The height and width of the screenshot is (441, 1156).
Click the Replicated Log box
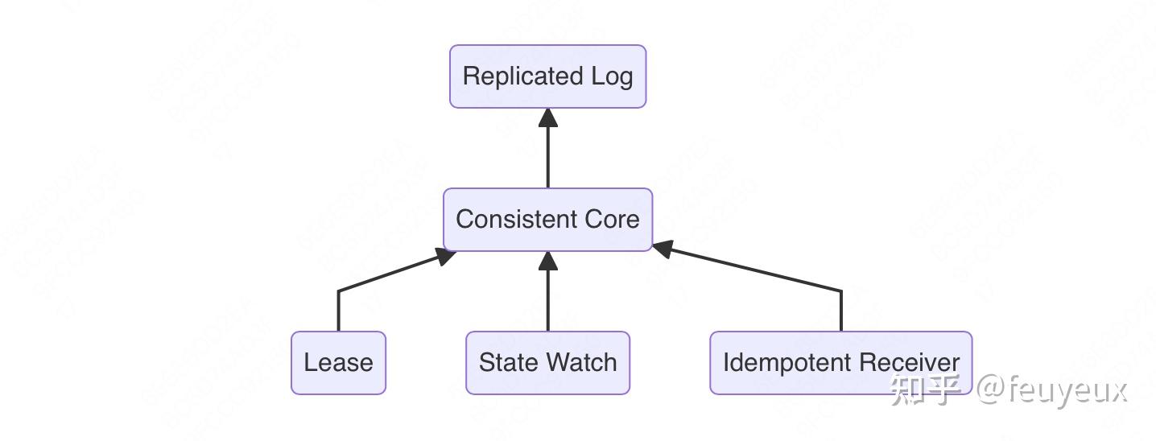(547, 76)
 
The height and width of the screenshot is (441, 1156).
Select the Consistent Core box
(547, 220)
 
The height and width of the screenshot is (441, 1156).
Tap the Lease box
(338, 363)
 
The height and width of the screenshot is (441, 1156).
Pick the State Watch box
(547, 363)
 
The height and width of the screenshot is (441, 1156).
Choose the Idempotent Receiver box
(840, 363)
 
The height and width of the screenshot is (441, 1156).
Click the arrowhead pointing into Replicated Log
(548, 117)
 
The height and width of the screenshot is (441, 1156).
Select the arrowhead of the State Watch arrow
(548, 261)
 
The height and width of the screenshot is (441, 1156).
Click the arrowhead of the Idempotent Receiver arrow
(662, 249)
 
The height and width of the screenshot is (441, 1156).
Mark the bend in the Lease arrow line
(338, 291)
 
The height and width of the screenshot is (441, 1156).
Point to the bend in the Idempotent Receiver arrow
(841, 291)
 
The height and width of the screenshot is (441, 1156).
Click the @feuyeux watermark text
(1051, 390)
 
